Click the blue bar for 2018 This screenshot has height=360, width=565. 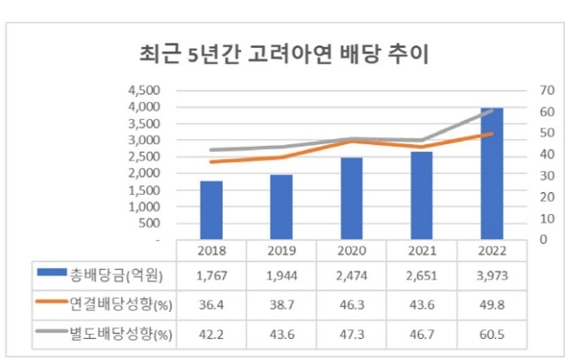[x=210, y=210]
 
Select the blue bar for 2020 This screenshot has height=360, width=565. [x=351, y=198]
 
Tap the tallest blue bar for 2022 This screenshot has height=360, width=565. [x=492, y=174]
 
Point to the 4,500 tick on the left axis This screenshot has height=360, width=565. [x=143, y=91]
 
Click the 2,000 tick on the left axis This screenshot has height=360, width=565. [x=143, y=174]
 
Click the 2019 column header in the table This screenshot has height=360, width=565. [x=280, y=250]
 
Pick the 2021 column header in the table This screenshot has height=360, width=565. [x=421, y=250]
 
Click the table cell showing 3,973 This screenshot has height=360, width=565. [x=492, y=275]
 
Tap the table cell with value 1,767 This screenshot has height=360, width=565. [x=210, y=275]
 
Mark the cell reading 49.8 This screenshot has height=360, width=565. [x=492, y=305]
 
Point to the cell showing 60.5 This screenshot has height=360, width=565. [x=492, y=334]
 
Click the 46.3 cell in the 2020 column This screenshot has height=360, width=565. [x=351, y=305]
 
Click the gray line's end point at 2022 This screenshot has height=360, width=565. [x=493, y=111]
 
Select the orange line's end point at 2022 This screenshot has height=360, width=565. [x=493, y=134]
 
